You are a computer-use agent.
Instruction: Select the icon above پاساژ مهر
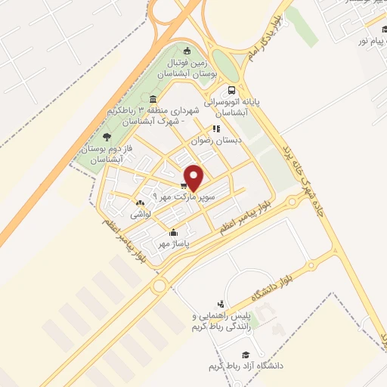tap(175, 232)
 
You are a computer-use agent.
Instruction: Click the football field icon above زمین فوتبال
tap(186, 51)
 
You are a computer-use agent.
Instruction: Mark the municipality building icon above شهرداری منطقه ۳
tap(153, 101)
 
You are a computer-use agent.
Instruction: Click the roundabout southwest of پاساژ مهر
tap(159, 286)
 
